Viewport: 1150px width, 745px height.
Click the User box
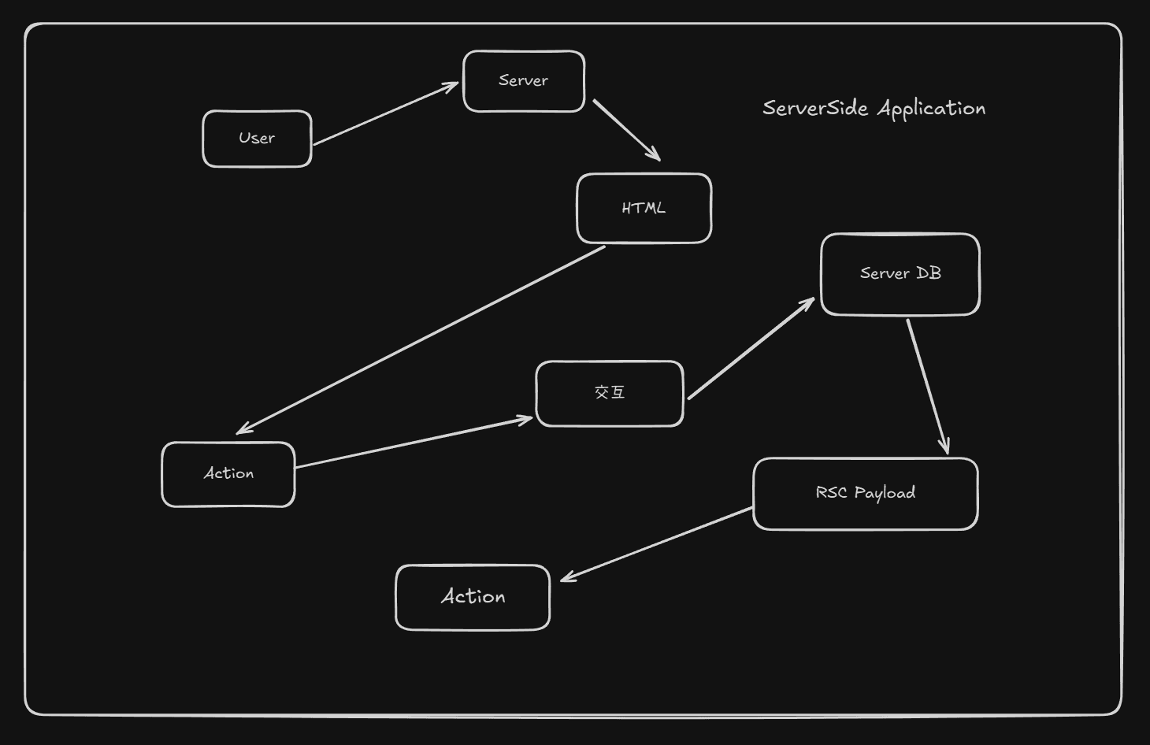(x=257, y=139)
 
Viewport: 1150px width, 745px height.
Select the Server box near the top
(x=524, y=81)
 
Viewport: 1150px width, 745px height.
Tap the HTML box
(x=644, y=209)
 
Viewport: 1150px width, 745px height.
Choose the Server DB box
(x=900, y=274)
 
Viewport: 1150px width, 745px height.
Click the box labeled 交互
(x=609, y=393)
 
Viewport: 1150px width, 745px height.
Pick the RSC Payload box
(x=865, y=494)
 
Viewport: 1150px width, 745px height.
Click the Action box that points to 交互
(x=228, y=474)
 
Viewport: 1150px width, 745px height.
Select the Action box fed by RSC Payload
(x=473, y=597)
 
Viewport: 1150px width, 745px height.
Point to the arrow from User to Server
(x=385, y=114)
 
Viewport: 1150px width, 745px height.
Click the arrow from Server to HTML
(x=626, y=130)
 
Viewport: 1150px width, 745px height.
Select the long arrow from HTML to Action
(x=421, y=339)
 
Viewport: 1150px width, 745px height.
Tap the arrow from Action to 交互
(x=414, y=443)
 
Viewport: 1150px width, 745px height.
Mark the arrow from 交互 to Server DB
(x=751, y=349)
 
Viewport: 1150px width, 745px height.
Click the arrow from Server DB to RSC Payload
(x=927, y=386)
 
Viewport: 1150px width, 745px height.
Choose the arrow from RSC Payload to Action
(x=657, y=544)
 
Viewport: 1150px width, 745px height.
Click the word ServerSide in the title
(x=815, y=108)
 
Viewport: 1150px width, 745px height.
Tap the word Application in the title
(x=931, y=109)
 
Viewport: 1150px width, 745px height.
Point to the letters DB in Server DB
(x=929, y=273)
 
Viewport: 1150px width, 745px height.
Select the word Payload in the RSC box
(x=885, y=494)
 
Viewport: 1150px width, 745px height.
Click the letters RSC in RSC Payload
(x=831, y=493)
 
